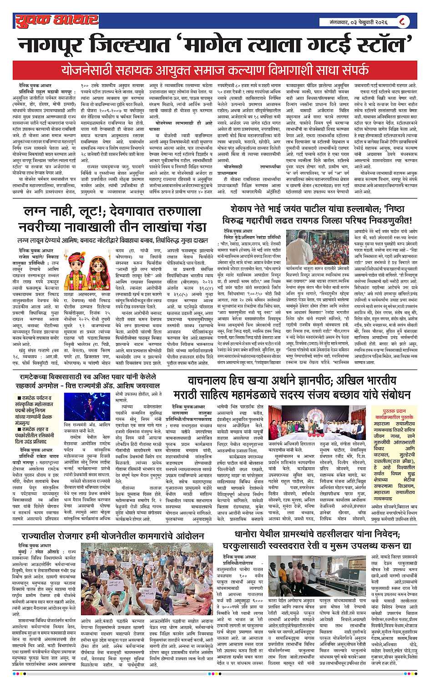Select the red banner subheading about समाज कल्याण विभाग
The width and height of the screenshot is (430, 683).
[x=215, y=71]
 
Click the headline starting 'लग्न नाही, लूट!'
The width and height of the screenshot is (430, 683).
[x=112, y=219]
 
